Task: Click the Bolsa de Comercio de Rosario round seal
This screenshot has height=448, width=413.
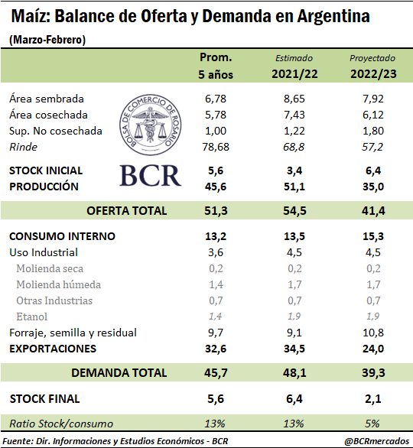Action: tap(151, 125)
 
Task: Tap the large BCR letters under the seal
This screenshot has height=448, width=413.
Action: tap(151, 175)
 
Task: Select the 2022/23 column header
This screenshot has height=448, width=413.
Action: tap(373, 74)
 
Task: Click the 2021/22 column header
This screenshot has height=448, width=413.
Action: tap(294, 74)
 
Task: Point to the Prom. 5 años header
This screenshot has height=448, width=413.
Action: tap(216, 66)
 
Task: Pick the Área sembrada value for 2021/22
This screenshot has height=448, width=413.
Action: tap(294, 99)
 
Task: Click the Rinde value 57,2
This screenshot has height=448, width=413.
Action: tap(372, 147)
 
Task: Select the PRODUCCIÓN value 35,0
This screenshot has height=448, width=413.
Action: tap(373, 187)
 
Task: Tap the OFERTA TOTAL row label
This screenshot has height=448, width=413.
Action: tap(127, 211)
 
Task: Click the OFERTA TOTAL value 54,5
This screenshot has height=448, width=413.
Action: tap(294, 211)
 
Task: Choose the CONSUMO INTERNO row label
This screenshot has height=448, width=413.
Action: tap(62, 236)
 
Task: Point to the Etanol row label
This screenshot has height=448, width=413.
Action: tap(31, 317)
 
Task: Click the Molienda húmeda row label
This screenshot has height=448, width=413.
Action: tap(59, 284)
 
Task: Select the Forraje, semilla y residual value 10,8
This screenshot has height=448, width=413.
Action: tap(373, 333)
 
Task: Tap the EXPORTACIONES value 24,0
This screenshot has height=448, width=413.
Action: tap(373, 349)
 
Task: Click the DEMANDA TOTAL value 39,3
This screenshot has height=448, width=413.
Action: tap(373, 373)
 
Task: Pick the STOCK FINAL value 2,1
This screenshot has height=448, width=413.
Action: tap(373, 399)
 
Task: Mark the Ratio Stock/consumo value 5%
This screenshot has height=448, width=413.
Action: tap(372, 424)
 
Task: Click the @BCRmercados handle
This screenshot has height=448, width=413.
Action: tap(377, 441)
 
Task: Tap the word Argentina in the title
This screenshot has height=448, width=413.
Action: tap(333, 16)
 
